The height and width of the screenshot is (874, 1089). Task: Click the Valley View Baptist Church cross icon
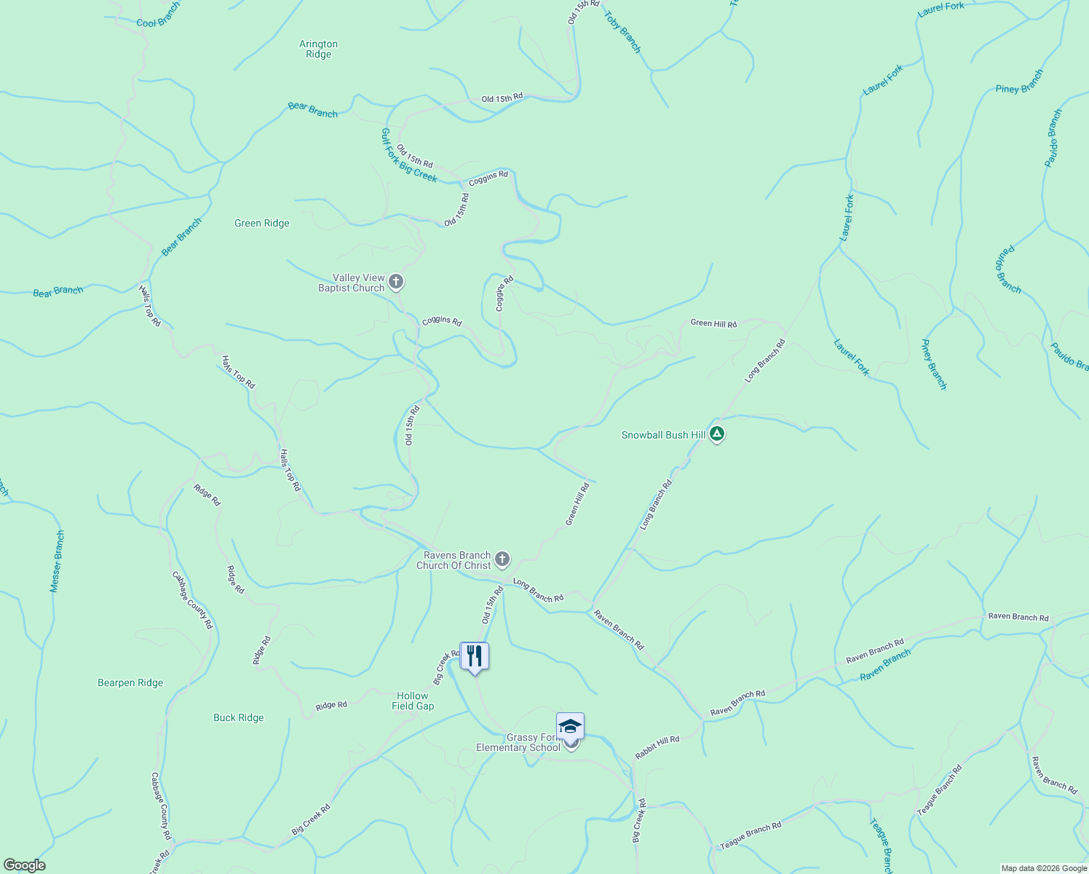click(x=396, y=281)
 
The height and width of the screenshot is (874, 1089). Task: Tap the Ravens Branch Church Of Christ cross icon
click(x=502, y=559)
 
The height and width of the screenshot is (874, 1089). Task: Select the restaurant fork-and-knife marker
click(x=475, y=656)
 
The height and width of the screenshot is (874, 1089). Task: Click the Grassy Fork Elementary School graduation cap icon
click(x=570, y=727)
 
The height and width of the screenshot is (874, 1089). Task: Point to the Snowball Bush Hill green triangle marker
click(x=717, y=434)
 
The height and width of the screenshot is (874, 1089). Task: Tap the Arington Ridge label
click(x=319, y=49)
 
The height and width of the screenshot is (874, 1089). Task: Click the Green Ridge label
click(x=262, y=224)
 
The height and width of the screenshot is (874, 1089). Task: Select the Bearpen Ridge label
click(x=130, y=682)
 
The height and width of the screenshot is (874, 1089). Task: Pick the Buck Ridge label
click(x=239, y=717)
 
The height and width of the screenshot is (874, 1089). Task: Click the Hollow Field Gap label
click(x=413, y=701)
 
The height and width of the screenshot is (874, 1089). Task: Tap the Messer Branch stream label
click(x=57, y=561)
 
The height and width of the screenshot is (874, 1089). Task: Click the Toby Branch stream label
click(x=623, y=32)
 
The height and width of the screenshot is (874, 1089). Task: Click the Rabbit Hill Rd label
click(x=657, y=747)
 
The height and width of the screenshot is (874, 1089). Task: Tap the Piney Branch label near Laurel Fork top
click(x=1019, y=81)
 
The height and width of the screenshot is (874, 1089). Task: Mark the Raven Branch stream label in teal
click(x=885, y=665)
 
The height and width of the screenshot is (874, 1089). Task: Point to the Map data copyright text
click(x=1044, y=868)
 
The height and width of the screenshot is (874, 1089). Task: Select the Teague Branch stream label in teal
click(x=881, y=845)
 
